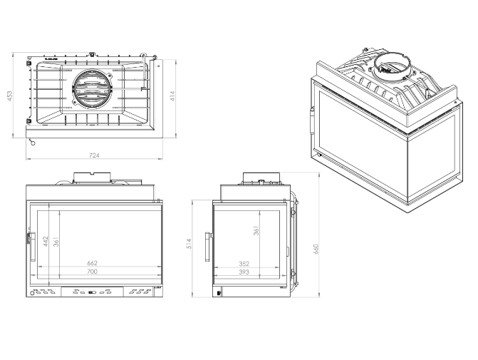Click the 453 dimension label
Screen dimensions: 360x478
pos(10,96)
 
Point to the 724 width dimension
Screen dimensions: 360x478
pos(94,155)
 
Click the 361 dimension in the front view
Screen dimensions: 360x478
pos(56,242)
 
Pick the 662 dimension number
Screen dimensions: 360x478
pos(93,263)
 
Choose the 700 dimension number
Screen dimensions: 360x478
pos(93,272)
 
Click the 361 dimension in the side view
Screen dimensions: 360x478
pos(256,231)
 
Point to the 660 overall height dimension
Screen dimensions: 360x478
pos(317,248)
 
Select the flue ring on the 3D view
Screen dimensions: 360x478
pos(390,63)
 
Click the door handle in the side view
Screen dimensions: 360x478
pos(207,246)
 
